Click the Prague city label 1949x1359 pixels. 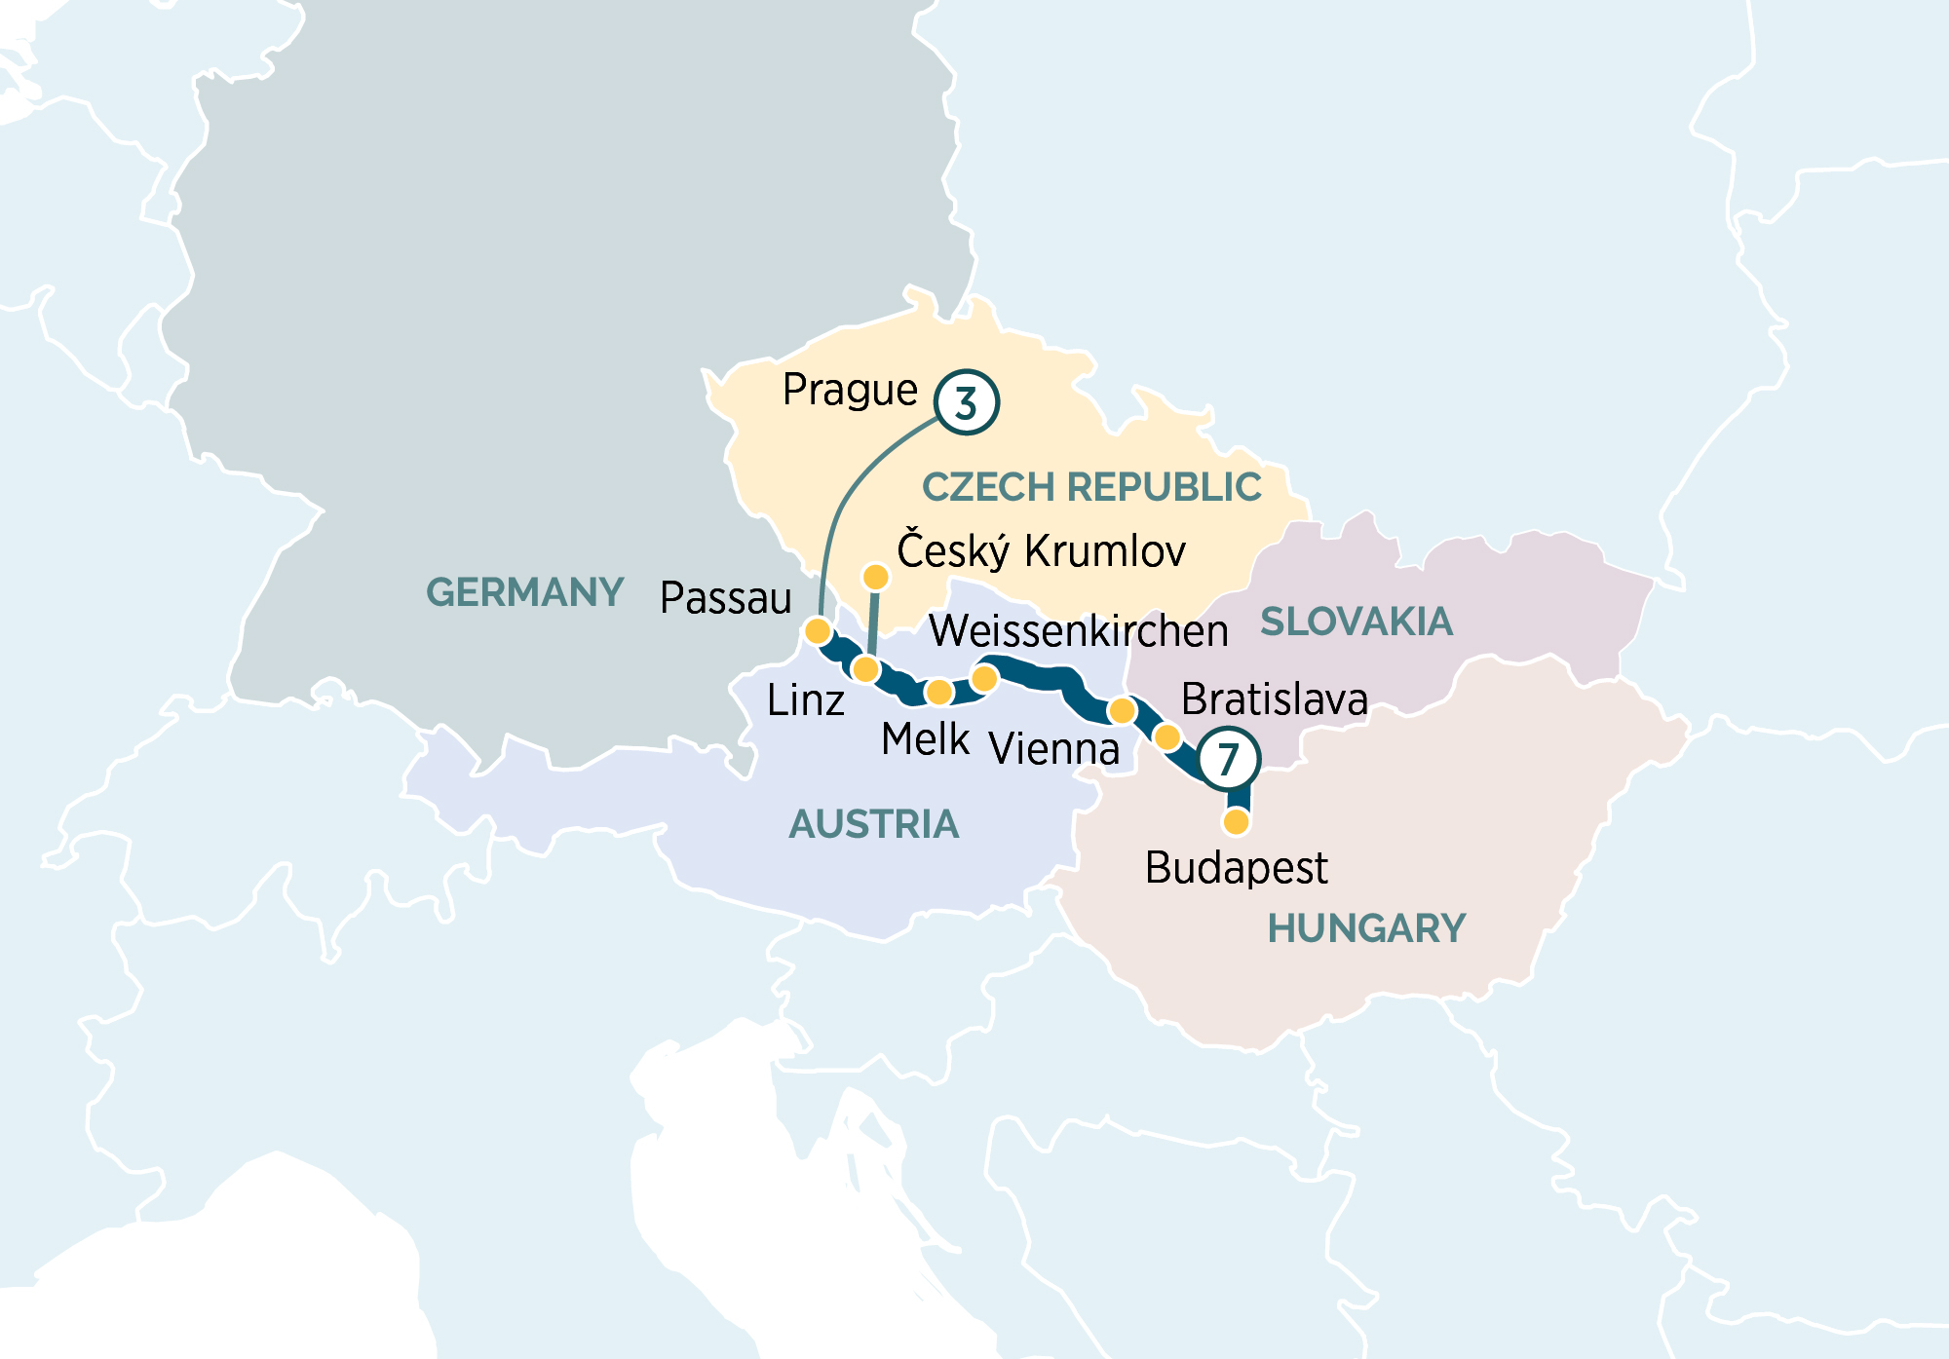[x=850, y=391]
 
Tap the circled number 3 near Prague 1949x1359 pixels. [x=966, y=401]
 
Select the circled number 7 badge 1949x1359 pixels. [x=1228, y=759]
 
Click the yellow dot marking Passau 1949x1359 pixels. [x=818, y=631]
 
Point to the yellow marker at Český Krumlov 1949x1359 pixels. [x=876, y=578]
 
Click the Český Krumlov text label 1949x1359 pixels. [x=1041, y=551]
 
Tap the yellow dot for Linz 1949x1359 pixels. [x=865, y=669]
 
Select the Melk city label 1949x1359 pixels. [x=925, y=739]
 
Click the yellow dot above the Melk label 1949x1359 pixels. [x=938, y=693]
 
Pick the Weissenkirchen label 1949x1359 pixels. [x=1078, y=631]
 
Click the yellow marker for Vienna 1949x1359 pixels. [x=1122, y=710]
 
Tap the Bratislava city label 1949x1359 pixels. [x=1274, y=699]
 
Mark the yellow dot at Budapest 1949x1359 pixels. [x=1236, y=822]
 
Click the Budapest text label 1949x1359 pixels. [x=1236, y=868]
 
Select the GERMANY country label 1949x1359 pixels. [x=524, y=592]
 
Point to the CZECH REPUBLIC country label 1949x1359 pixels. [x=1091, y=487]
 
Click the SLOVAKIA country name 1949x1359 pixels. [x=1357, y=622]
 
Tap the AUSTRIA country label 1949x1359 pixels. [x=873, y=825]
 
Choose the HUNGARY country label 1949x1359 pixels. [x=1365, y=928]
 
